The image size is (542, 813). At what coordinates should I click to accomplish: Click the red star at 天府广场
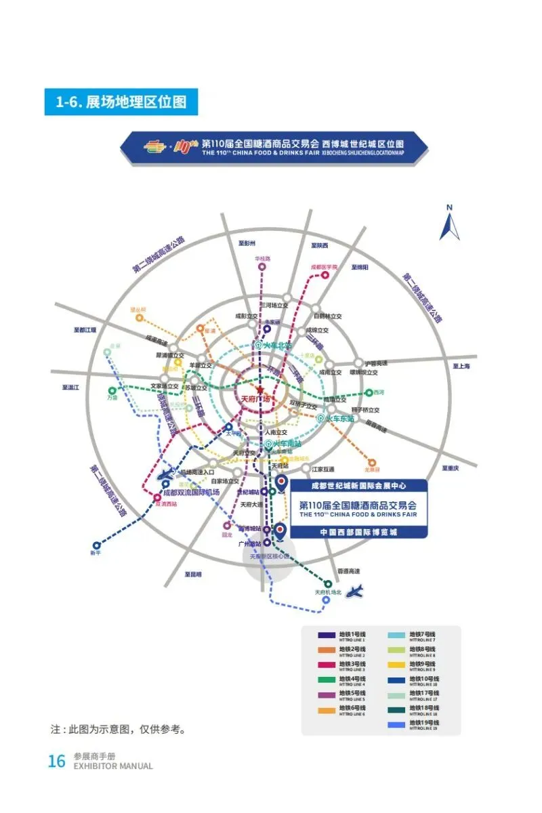260,390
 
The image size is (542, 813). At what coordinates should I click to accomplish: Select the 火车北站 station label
274,345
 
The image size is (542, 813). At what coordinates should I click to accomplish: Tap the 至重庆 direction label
451,467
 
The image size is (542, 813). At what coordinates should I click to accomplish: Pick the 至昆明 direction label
194,574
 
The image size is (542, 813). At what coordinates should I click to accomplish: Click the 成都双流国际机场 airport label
191,492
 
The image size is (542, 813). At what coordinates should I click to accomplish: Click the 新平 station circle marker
96,544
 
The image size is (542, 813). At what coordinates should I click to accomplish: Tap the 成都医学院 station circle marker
325,275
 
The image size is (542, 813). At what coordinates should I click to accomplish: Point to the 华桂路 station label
262,259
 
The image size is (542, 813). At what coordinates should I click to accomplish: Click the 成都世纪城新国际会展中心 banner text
358,486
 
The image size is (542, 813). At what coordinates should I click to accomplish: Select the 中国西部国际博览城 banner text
358,532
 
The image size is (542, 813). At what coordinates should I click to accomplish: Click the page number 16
56,761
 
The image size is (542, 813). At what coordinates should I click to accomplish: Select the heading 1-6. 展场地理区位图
121,102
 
